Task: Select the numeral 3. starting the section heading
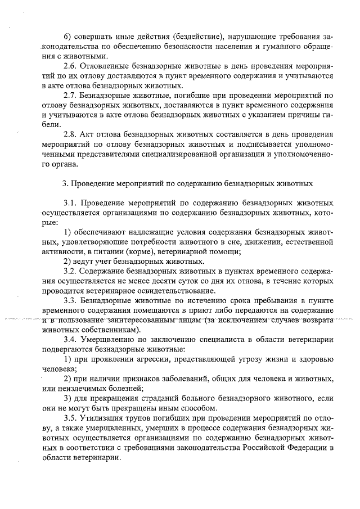65,184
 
